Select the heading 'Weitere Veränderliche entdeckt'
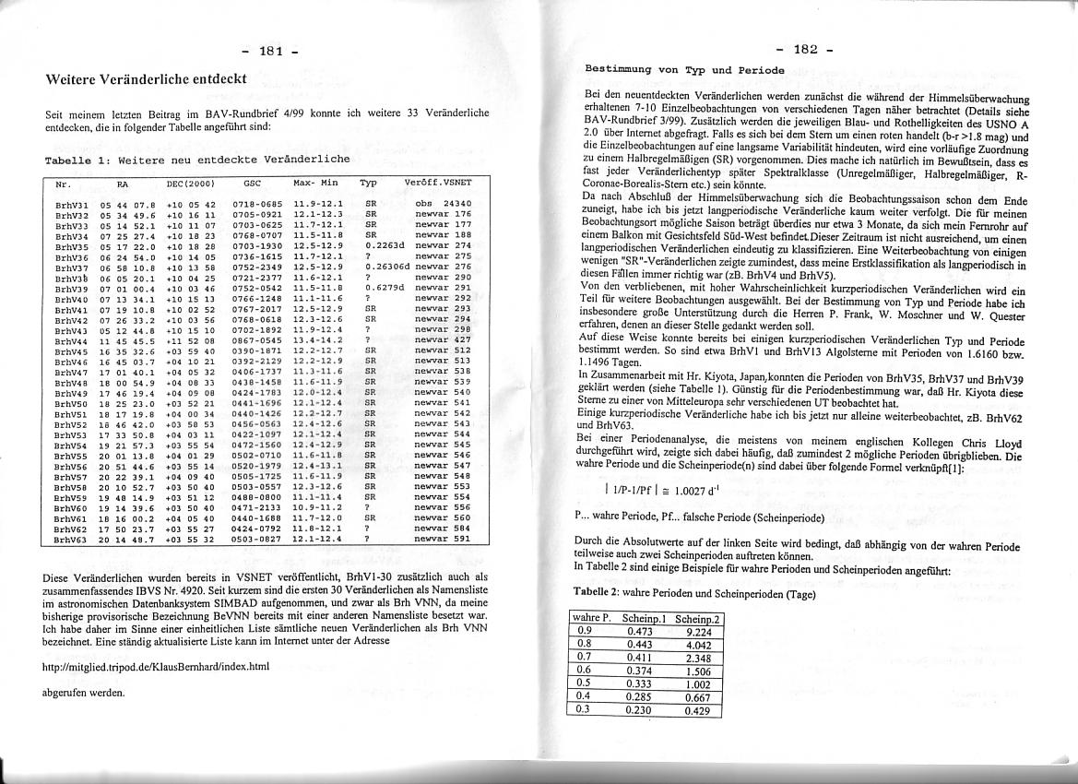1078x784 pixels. (x=146, y=79)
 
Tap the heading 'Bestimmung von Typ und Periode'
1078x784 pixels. (x=685, y=70)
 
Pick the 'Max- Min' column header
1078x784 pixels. (x=314, y=184)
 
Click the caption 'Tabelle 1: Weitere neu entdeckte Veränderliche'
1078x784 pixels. (x=197, y=159)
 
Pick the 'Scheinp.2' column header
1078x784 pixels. (x=697, y=618)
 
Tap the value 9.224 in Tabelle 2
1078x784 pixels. (x=697, y=632)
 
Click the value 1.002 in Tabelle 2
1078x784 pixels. (x=697, y=684)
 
